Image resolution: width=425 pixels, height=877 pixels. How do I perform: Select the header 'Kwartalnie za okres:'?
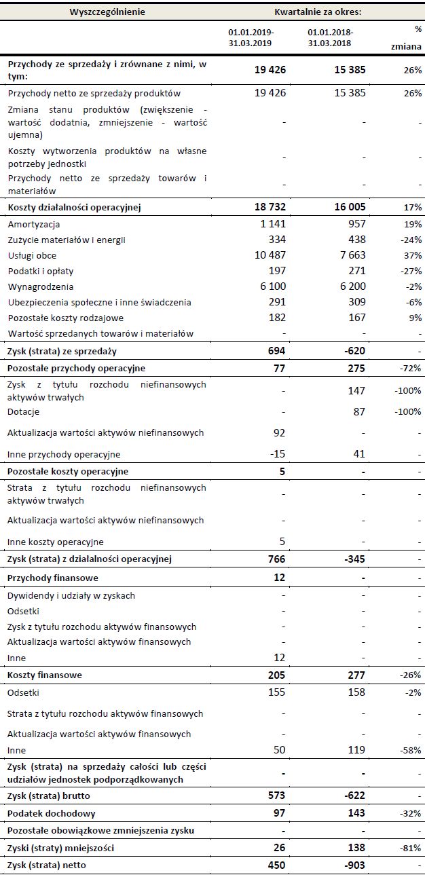(x=318, y=12)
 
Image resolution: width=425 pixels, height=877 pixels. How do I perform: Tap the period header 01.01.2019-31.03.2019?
(x=251, y=37)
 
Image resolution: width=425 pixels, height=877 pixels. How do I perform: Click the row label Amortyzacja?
(x=33, y=224)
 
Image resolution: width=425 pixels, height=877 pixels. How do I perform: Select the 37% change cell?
(x=412, y=255)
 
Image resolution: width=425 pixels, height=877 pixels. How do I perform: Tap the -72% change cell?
(x=410, y=368)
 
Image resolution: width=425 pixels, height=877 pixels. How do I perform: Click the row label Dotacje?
(x=23, y=411)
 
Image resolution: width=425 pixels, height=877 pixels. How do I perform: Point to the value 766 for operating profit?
(x=274, y=559)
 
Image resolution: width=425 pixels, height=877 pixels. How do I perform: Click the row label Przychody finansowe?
(x=52, y=578)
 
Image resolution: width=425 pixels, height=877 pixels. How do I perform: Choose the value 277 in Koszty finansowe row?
(x=354, y=675)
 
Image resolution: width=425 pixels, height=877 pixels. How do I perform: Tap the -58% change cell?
(x=410, y=750)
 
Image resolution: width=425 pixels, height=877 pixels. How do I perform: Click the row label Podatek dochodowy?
(x=51, y=813)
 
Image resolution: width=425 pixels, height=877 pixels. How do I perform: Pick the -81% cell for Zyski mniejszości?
(x=410, y=848)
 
